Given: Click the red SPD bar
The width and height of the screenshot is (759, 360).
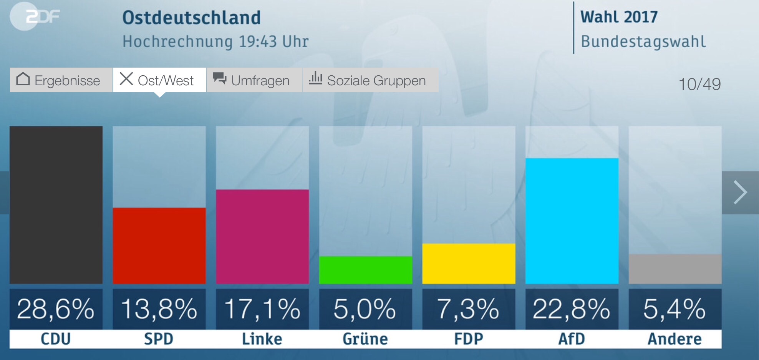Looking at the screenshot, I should click(x=159, y=246).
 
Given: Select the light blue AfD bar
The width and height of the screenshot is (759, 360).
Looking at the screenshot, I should click(x=572, y=221).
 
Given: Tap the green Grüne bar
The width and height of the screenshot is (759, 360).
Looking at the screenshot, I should click(x=365, y=270).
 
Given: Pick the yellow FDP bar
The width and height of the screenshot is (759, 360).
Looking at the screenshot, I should click(x=469, y=264).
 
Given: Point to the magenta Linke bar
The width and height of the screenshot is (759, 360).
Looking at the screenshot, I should click(x=262, y=237).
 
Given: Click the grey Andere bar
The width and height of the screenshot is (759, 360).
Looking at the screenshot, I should click(x=675, y=269).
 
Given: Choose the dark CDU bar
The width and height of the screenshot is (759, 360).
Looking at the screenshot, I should click(x=56, y=205).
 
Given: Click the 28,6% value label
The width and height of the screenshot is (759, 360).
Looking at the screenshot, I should click(x=56, y=309).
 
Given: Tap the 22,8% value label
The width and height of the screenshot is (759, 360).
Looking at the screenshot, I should click(x=572, y=309).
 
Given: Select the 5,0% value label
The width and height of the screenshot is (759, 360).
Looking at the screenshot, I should click(x=365, y=309).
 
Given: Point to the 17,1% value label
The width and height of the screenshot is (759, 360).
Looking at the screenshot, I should click(x=262, y=309).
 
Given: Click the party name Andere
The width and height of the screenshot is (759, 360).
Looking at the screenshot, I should click(x=675, y=339).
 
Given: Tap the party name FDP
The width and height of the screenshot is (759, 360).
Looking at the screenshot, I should click(x=469, y=339).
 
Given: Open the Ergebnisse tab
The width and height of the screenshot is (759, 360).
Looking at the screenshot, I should click(x=61, y=80).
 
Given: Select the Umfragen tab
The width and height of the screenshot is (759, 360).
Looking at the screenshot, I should click(x=254, y=80).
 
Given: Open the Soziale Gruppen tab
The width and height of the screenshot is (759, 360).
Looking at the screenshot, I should click(x=370, y=80).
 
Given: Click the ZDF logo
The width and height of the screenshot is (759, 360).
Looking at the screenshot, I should click(x=36, y=17).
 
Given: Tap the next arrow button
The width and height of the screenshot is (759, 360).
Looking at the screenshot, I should click(x=740, y=192).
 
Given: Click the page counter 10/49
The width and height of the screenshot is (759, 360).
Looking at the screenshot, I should click(x=699, y=84).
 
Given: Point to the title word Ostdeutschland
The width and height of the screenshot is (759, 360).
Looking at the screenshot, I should click(x=191, y=18).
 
